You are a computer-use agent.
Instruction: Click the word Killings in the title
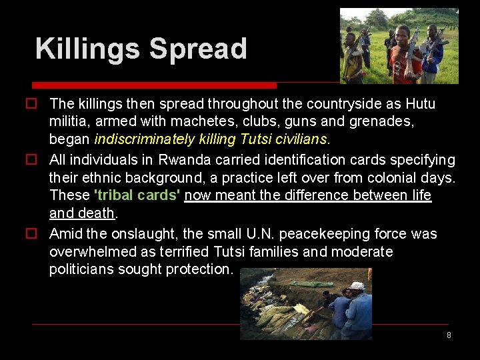[88, 49]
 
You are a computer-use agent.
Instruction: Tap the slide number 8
[449, 335]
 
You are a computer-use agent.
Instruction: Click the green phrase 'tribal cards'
[137, 195]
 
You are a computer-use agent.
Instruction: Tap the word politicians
[83, 269]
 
